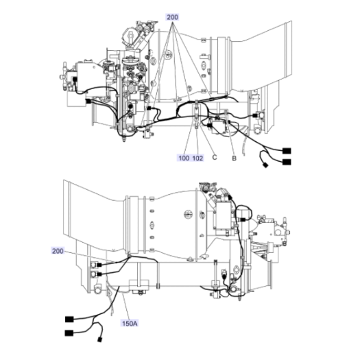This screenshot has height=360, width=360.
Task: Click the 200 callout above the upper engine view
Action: coord(172,17)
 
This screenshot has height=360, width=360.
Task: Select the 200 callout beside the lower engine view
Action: coord(58,251)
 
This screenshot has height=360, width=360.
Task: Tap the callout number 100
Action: coord(184,158)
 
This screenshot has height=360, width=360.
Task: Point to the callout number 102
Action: coord(197,158)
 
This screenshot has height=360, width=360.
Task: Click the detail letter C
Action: coord(215,157)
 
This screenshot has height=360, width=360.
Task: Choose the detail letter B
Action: coord(234,158)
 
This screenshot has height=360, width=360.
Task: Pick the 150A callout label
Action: coord(130,324)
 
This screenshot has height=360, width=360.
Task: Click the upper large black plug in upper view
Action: coord(287,151)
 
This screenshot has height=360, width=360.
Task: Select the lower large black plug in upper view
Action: coord(287,162)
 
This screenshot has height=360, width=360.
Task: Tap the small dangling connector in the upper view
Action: coord(265,165)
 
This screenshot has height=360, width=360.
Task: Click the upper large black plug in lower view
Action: coord(69,319)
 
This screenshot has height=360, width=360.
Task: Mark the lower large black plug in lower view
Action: coord(69,333)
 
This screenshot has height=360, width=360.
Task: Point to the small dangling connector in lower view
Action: coord(99,339)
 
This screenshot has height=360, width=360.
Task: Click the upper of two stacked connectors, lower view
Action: coord(99,265)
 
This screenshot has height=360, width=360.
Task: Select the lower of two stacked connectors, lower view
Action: coord(99,274)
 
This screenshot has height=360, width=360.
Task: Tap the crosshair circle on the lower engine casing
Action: coord(188,215)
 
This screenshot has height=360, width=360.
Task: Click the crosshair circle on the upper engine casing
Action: coord(168,55)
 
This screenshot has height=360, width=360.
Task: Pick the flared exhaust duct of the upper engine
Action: coord(262,58)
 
